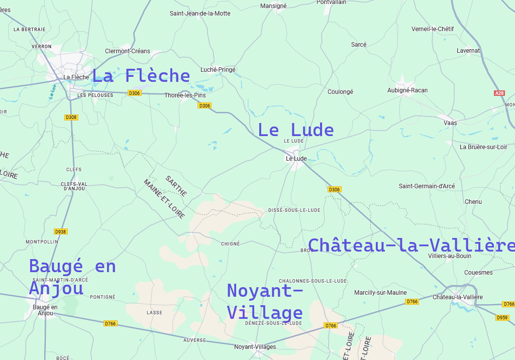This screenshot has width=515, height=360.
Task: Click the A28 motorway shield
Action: (499, 93)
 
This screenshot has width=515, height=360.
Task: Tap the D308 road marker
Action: (71, 117)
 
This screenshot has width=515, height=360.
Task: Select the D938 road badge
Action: (61, 232)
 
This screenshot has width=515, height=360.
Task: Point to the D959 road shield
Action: (502, 318)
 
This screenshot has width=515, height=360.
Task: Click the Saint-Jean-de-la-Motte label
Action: (200, 14)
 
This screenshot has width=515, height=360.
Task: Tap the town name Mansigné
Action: (273, 6)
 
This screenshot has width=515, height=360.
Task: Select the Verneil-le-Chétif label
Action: (432, 29)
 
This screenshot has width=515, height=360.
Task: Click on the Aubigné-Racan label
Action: (407, 90)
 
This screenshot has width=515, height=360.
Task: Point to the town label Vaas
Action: (450, 123)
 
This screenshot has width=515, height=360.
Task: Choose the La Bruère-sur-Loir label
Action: (483, 147)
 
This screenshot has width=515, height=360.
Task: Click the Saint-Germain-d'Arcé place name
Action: (427, 186)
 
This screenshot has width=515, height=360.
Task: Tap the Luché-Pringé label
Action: (218, 70)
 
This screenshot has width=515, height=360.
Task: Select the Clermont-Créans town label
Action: (128, 51)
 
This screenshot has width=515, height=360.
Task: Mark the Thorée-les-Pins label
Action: (185, 95)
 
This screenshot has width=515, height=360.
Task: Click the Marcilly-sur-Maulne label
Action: (380, 293)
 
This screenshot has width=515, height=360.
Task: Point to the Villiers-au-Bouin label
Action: (449, 256)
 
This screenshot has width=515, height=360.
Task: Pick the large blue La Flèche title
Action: (141, 76)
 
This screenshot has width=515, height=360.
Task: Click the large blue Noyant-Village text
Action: (265, 302)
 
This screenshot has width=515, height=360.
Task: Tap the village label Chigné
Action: (231, 244)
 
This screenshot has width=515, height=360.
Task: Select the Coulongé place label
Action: (340, 92)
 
